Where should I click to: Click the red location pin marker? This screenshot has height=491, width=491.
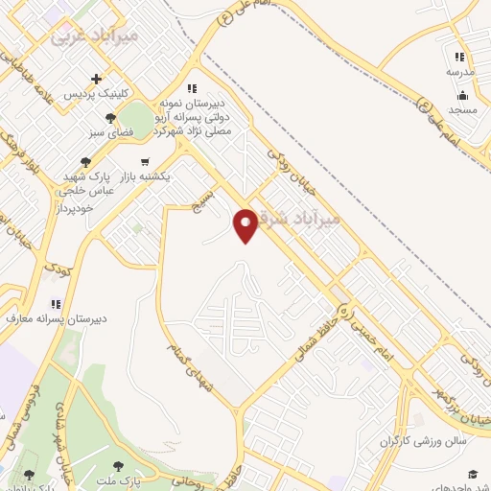point(246,223)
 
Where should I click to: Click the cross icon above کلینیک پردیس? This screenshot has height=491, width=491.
point(96,79)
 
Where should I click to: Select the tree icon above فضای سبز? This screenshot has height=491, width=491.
point(111,118)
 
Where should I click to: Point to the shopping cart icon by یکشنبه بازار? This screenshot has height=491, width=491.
point(145,161)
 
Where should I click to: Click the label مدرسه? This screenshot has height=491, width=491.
point(460,72)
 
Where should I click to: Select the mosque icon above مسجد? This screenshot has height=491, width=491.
point(462,94)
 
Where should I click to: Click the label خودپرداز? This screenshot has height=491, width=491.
point(73,207)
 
